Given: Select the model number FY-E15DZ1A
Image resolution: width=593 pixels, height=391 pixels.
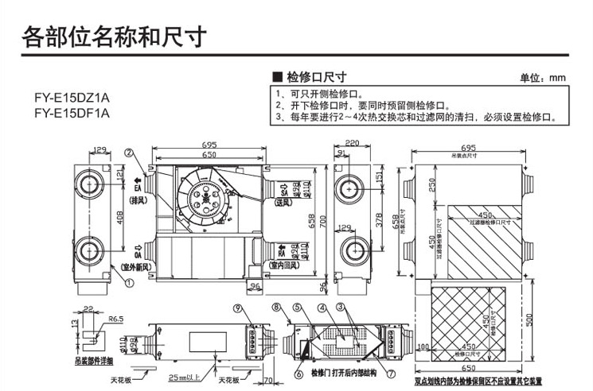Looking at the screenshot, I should [x=72, y=98].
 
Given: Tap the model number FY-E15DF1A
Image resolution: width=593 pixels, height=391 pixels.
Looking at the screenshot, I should [x=72, y=112].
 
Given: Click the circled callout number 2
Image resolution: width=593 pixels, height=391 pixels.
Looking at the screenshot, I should [x=128, y=153].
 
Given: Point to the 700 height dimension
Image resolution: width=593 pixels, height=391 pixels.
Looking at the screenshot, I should [x=322, y=219].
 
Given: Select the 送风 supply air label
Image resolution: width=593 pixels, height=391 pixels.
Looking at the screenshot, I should [x=285, y=203].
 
